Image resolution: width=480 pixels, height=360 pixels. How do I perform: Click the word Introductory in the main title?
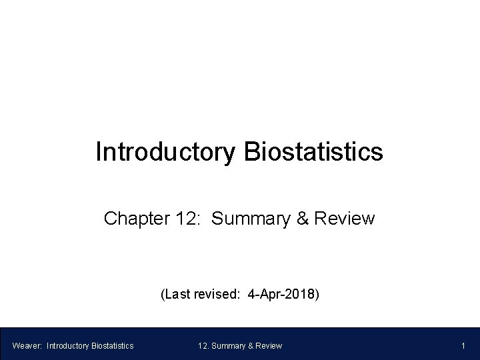[164, 152]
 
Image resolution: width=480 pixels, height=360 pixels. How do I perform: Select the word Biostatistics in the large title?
[314, 152]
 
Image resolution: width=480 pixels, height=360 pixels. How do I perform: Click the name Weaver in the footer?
[26, 345]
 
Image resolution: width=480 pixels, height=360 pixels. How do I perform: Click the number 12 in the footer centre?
[203, 345]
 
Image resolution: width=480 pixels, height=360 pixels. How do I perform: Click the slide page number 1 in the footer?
[463, 345]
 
